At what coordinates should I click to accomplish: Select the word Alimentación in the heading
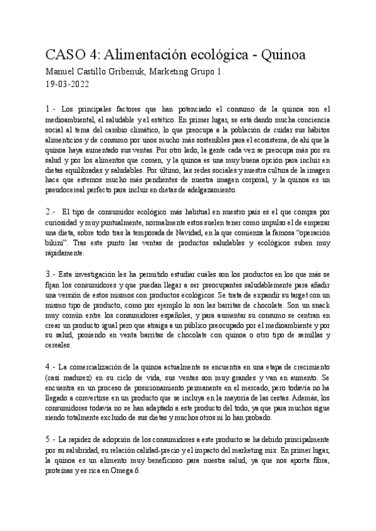pos(154,54)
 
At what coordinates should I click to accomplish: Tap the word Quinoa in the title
pos(280,54)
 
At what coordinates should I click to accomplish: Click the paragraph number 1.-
pos(52,108)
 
